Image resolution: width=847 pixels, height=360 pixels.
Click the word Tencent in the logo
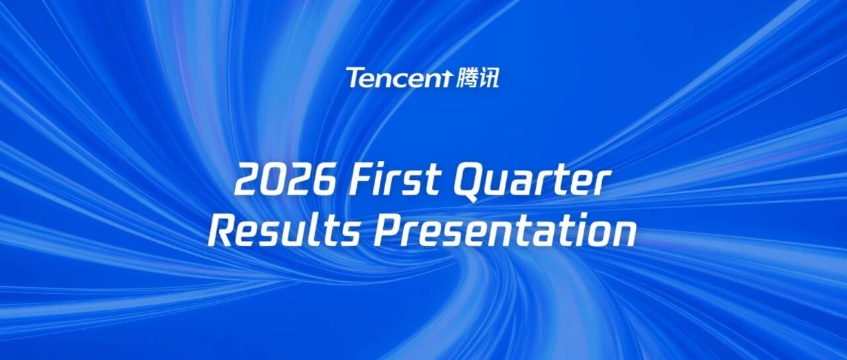tap(399, 77)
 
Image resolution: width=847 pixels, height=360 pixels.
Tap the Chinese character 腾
tap(467, 78)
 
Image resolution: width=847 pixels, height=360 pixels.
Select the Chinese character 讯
tap(489, 78)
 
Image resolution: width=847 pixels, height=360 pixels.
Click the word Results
tap(284, 231)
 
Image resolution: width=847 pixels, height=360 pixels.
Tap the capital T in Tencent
tap(355, 77)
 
